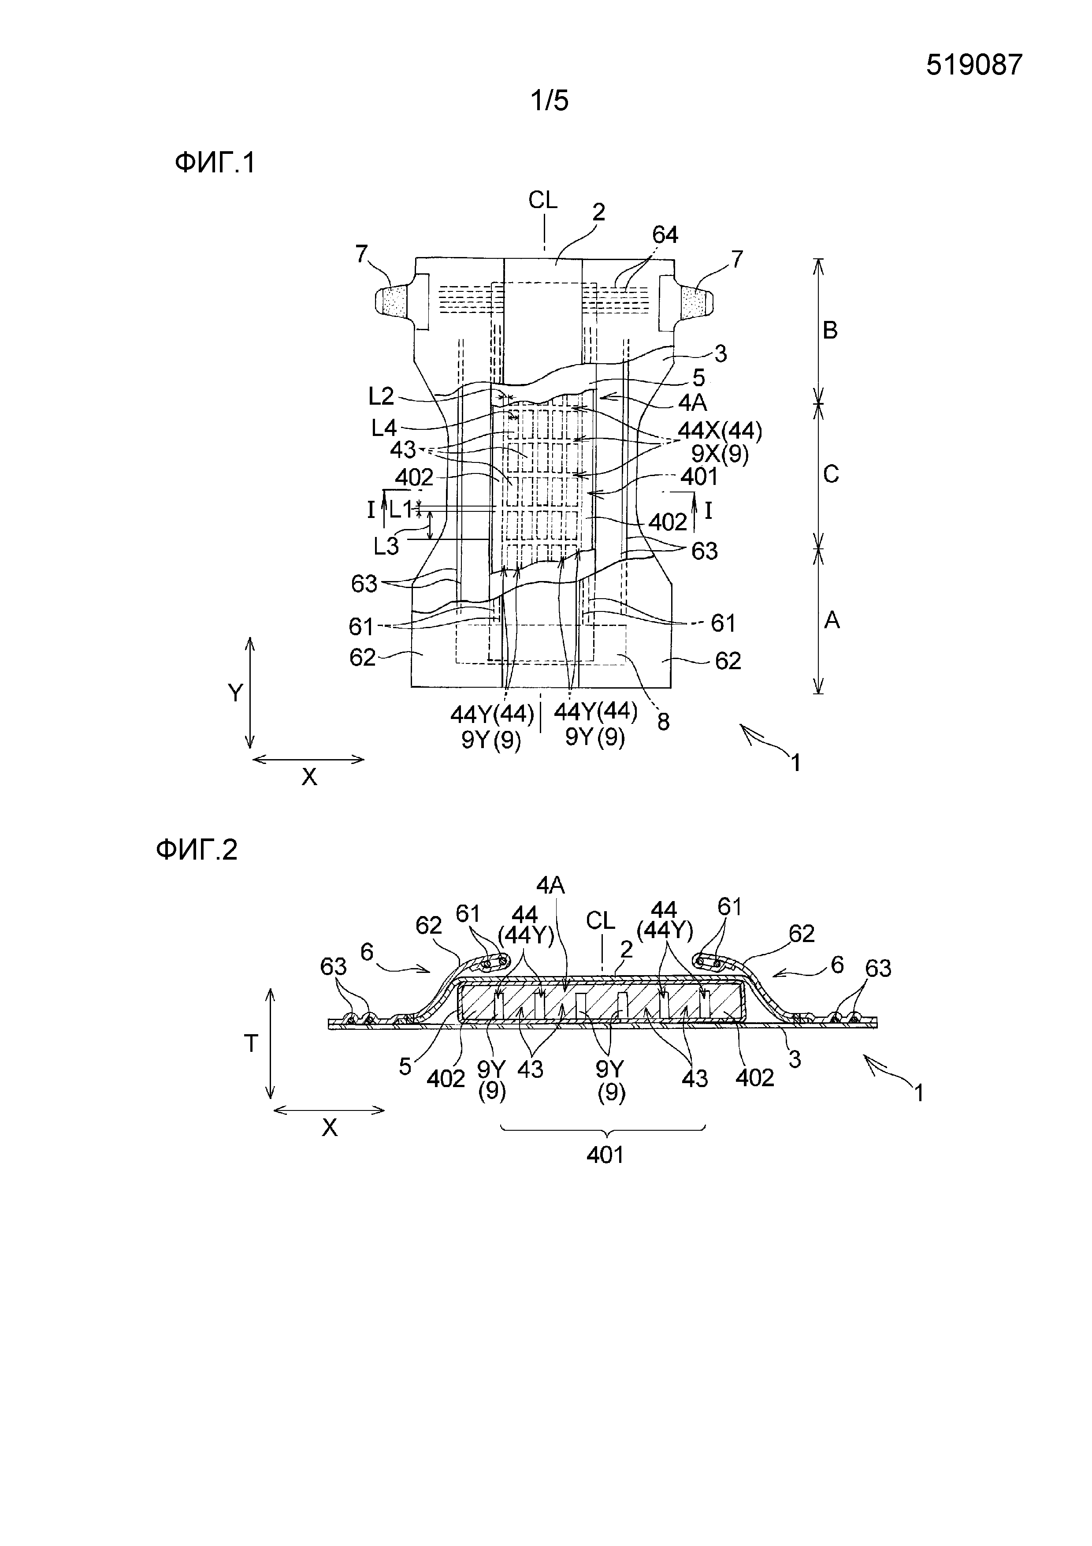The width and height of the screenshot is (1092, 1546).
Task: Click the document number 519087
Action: (973, 65)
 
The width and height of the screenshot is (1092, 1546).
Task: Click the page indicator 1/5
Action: (550, 101)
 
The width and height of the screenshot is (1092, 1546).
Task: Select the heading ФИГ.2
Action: (197, 850)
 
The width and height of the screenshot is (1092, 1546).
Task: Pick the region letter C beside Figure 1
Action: (831, 475)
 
